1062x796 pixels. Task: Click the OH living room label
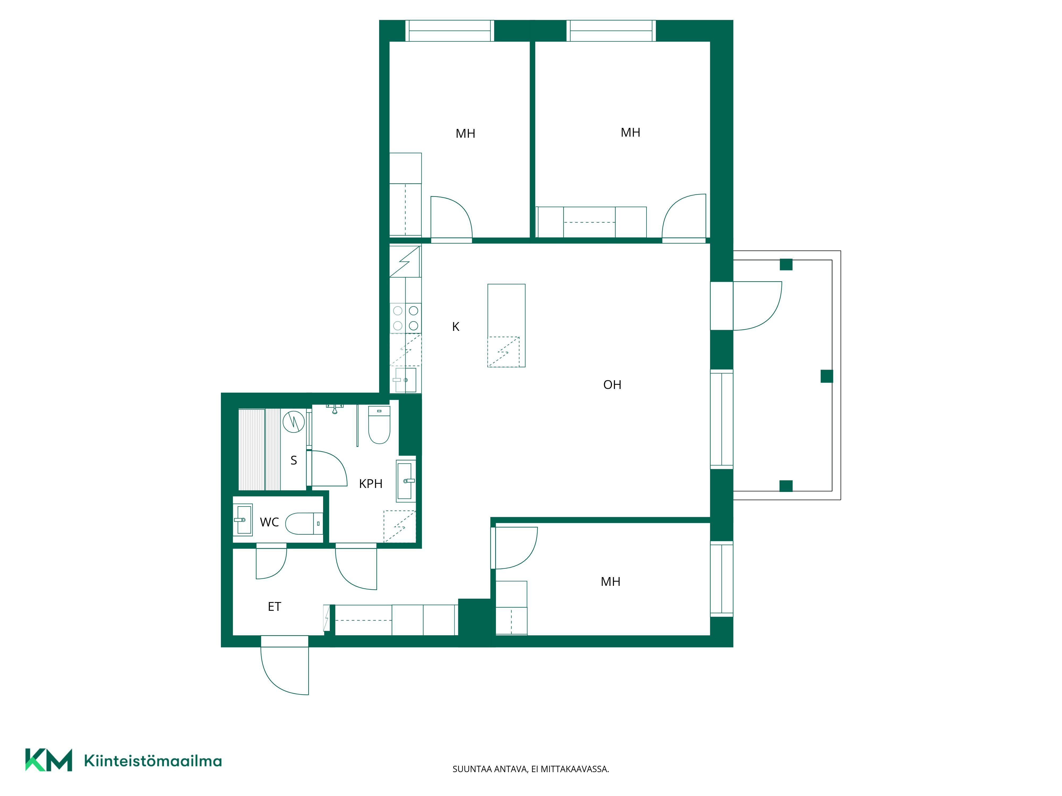(x=612, y=385)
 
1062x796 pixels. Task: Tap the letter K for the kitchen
(x=456, y=327)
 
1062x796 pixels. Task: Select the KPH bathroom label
(x=371, y=484)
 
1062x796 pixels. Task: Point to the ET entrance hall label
(x=274, y=607)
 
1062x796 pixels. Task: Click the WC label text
(x=269, y=522)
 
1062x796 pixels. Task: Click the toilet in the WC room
(x=304, y=524)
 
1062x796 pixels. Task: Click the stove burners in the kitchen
(x=406, y=318)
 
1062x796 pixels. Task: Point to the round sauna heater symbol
(x=294, y=422)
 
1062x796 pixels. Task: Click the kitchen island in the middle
(x=507, y=326)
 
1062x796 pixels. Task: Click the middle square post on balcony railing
(x=827, y=376)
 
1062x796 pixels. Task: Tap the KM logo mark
(x=49, y=760)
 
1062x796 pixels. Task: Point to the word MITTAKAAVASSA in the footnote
(x=575, y=769)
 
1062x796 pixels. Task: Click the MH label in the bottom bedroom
(x=611, y=582)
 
